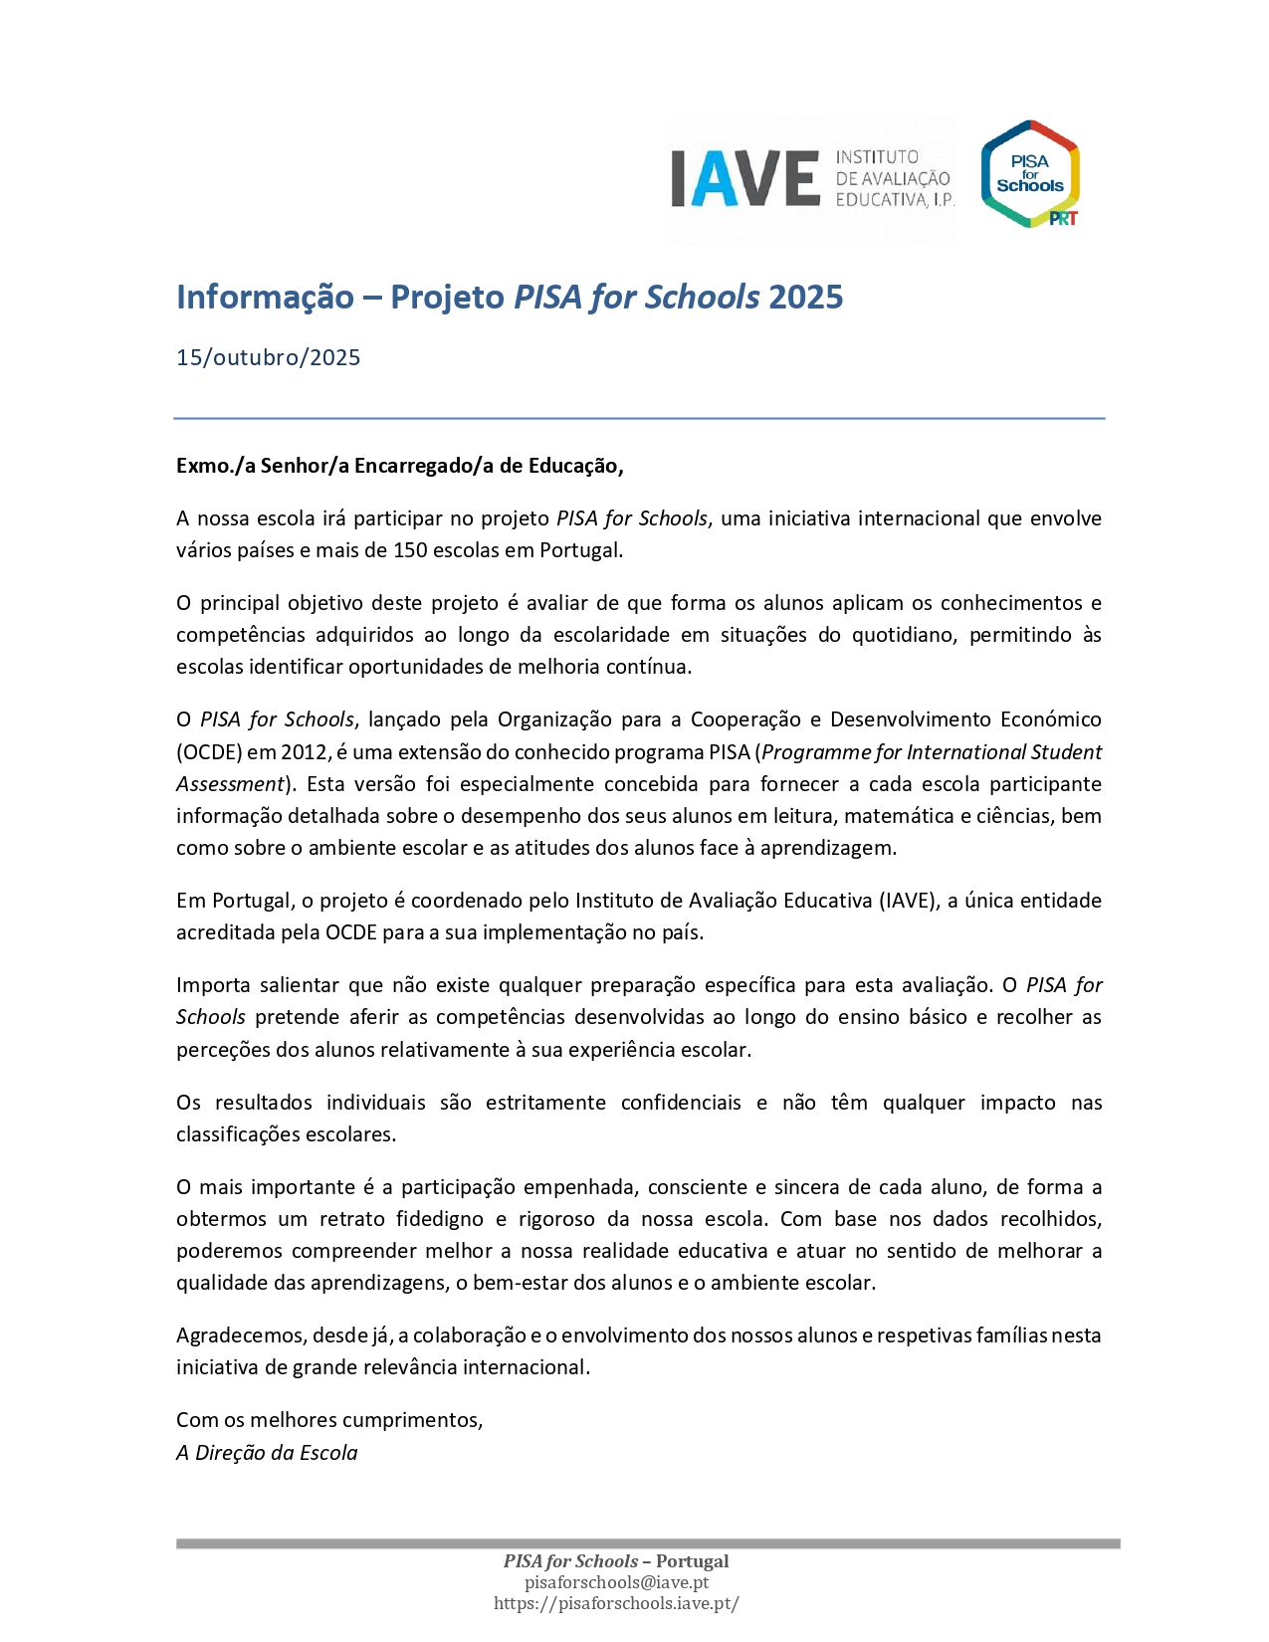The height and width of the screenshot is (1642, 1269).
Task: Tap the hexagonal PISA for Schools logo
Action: [1030, 174]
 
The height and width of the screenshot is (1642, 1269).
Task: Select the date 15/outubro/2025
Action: [268, 358]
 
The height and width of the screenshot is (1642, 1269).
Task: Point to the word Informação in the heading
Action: [265, 297]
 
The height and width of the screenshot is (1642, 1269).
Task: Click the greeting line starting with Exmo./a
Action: [399, 466]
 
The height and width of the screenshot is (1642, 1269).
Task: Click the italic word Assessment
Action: [230, 784]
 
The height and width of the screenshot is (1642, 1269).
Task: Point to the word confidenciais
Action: [681, 1103]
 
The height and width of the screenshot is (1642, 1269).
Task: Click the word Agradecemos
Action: [241, 1335]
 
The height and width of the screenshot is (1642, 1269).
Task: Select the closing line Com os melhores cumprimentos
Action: [329, 1420]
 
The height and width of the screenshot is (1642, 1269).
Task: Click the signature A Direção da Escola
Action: [267, 1453]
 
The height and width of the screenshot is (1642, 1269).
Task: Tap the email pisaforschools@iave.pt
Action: [616, 1582]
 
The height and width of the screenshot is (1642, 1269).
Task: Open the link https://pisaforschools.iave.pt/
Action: [616, 1603]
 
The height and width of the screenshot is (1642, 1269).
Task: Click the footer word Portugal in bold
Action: [692, 1561]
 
